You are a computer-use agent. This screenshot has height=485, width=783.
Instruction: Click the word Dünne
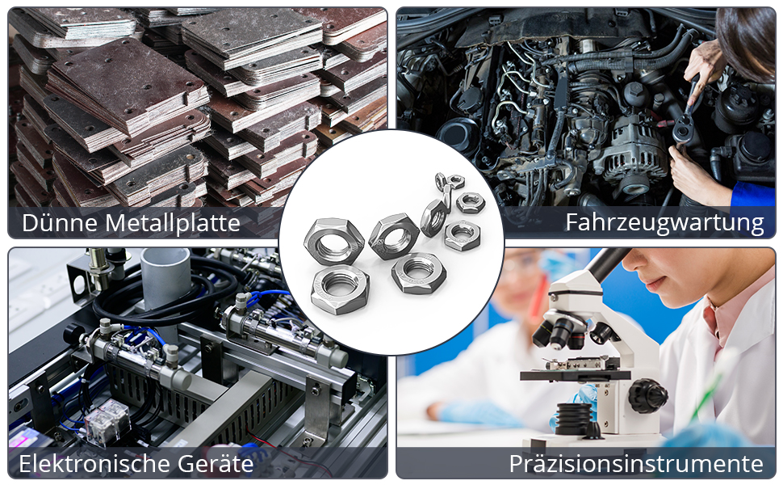(59, 222)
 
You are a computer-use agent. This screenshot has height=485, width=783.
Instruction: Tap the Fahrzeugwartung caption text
(664, 222)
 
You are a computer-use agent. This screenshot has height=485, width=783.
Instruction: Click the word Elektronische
(94, 464)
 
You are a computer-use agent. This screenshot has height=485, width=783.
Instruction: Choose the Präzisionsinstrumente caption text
(636, 464)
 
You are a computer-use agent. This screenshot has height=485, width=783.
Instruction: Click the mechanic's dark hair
(747, 40)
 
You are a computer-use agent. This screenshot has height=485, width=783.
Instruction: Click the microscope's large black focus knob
(647, 395)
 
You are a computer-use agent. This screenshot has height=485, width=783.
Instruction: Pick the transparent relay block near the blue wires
(107, 423)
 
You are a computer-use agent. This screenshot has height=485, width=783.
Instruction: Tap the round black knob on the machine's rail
(73, 334)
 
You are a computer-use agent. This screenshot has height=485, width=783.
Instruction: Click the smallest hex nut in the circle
(455, 181)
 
